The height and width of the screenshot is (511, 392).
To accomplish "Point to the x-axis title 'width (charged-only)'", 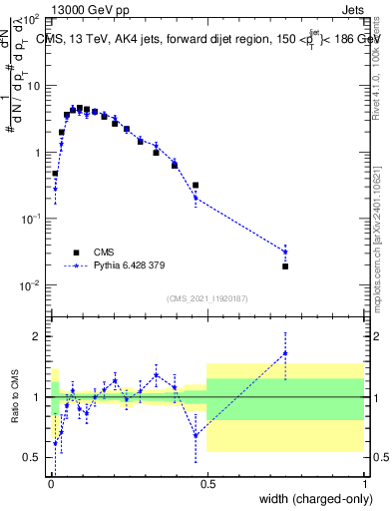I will [x=312, y=498].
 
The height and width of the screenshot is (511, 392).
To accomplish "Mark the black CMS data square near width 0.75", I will [x=285, y=266].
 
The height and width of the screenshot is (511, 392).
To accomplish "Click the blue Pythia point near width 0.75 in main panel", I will [x=285, y=252].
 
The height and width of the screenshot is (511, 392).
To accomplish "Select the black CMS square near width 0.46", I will [x=196, y=185].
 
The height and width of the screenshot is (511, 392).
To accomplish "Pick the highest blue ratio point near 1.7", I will [x=285, y=353].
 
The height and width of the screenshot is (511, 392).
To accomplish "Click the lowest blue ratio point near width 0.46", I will [x=196, y=435].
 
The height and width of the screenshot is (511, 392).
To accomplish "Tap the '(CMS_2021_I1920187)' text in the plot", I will [x=206, y=297].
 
